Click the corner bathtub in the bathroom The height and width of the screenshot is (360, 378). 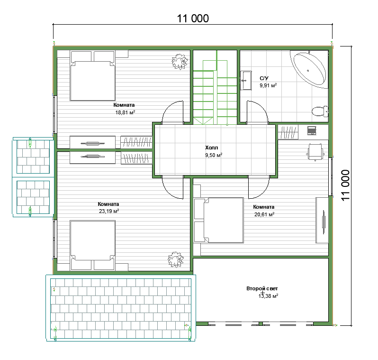(x=309, y=69)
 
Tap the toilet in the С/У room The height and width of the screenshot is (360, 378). (x=320, y=111)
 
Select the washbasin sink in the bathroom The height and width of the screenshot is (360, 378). (x=246, y=80)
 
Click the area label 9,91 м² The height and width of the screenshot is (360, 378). (x=268, y=85)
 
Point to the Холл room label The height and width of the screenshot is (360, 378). (x=211, y=148)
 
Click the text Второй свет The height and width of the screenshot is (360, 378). (x=262, y=288)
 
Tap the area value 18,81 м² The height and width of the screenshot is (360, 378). (x=125, y=112)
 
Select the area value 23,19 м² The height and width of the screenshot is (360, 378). (x=109, y=211)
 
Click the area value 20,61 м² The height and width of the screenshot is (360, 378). (x=264, y=214)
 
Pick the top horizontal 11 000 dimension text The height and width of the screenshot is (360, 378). (x=193, y=18)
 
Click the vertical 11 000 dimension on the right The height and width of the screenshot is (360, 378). (x=345, y=185)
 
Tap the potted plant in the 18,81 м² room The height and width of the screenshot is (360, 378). (x=180, y=62)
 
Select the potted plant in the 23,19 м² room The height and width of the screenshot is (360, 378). (x=176, y=259)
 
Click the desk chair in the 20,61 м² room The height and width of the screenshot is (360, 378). (x=315, y=152)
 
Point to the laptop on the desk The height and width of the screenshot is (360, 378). (x=312, y=130)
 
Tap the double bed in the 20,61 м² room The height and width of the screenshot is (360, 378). (x=218, y=220)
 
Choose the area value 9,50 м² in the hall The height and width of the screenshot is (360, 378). (x=214, y=155)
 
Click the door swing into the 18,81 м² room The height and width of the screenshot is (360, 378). (x=172, y=112)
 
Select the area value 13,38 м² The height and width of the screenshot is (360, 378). (x=268, y=296)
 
